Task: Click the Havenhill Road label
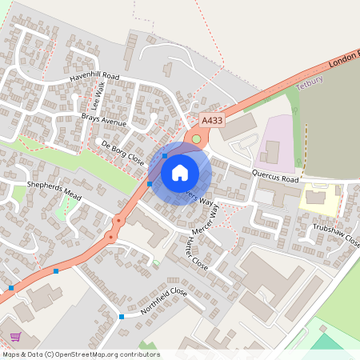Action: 94,77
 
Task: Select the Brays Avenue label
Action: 103,122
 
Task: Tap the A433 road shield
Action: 211,120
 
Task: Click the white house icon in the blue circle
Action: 180,172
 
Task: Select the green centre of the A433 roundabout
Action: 196,139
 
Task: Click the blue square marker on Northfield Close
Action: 122,317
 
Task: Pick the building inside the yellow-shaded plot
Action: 317,195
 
